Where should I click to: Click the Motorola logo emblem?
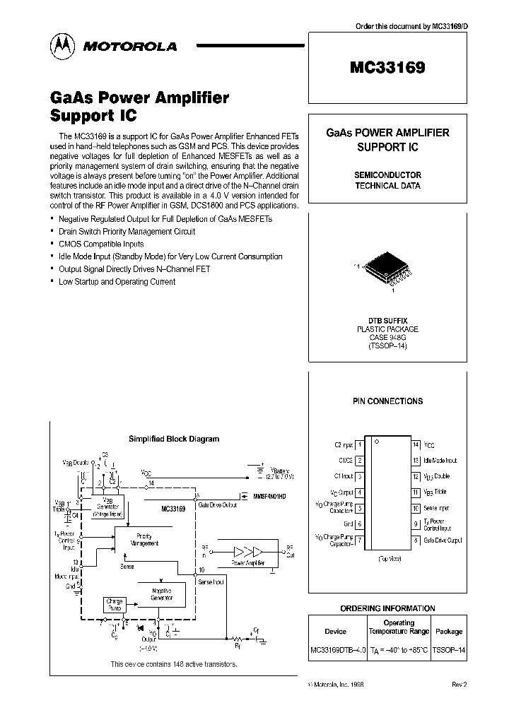click(62, 46)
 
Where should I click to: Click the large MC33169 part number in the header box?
click(387, 69)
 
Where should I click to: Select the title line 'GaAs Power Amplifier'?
click(139, 98)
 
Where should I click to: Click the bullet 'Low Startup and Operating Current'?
click(117, 281)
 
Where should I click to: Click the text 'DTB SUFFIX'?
click(387, 320)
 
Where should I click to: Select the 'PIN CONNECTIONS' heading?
click(387, 401)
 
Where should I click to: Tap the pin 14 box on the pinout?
click(416, 445)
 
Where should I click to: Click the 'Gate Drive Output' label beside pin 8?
click(443, 540)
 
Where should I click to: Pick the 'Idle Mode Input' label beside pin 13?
click(440, 461)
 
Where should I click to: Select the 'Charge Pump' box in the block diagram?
click(114, 604)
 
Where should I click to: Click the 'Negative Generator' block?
click(161, 594)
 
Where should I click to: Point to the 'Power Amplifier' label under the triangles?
click(248, 563)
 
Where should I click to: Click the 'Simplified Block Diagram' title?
click(173, 439)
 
